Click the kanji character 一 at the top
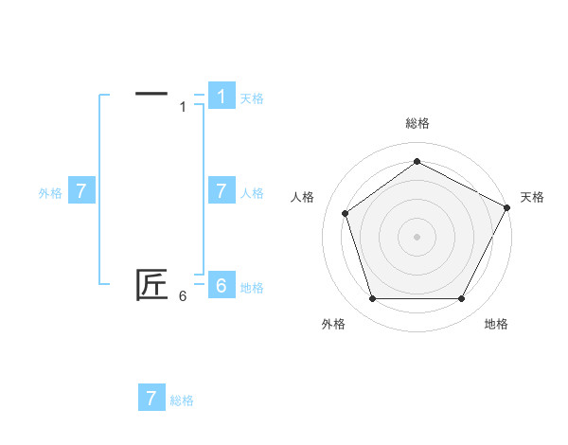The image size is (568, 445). pyautogui.click(x=151, y=94)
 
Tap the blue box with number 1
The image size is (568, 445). pyautogui.click(x=221, y=97)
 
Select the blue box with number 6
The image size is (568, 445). pyautogui.click(x=221, y=286)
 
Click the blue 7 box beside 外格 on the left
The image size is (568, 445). pyautogui.click(x=81, y=191)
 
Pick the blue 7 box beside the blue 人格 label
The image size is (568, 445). pyautogui.click(x=221, y=191)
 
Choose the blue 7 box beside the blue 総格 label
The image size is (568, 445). pyautogui.click(x=151, y=398)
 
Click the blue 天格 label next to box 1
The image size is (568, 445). pyautogui.click(x=252, y=98)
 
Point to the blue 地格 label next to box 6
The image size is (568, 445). pyautogui.click(x=252, y=288)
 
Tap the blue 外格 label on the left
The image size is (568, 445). pyautogui.click(x=50, y=193)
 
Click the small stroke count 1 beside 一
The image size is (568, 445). pyautogui.click(x=183, y=107)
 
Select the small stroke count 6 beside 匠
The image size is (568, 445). pyautogui.click(x=183, y=296)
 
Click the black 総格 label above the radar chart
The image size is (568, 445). pyautogui.click(x=417, y=123)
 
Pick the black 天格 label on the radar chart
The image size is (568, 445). pyautogui.click(x=532, y=197)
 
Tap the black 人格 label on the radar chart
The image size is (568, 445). pyautogui.click(x=302, y=197)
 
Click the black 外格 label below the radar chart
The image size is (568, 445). pyautogui.click(x=333, y=325)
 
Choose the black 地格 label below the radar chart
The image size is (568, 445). pyautogui.click(x=496, y=325)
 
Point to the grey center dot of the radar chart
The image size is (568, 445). pyautogui.click(x=417, y=236)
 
